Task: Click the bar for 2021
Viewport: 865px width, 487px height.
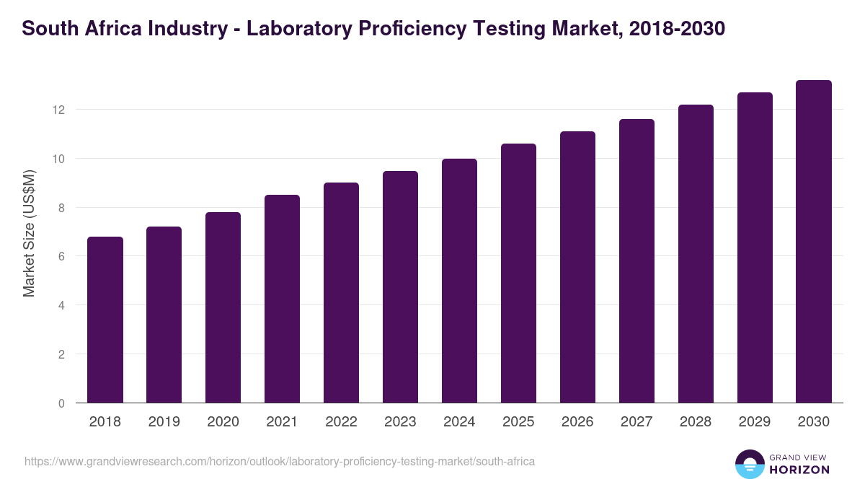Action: pyautogui.click(x=282, y=299)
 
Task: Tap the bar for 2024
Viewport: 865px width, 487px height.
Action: pyautogui.click(x=459, y=281)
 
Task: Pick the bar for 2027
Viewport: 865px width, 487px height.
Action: pyautogui.click(x=636, y=261)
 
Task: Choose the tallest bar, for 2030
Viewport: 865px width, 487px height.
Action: pyautogui.click(x=814, y=242)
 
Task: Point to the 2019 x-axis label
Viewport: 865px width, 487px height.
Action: pyautogui.click(x=164, y=422)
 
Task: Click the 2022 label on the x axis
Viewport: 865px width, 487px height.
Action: pyautogui.click(x=341, y=422)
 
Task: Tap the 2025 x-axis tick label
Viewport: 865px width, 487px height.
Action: pyautogui.click(x=518, y=422)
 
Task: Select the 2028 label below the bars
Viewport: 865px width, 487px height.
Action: pyautogui.click(x=696, y=422)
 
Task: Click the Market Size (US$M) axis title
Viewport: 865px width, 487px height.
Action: pyautogui.click(x=29, y=232)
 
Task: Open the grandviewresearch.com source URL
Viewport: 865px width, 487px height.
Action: pyautogui.click(x=280, y=461)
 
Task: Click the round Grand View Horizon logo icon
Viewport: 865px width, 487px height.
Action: pyautogui.click(x=749, y=464)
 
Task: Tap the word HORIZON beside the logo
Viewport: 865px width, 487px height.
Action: pyautogui.click(x=799, y=470)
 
